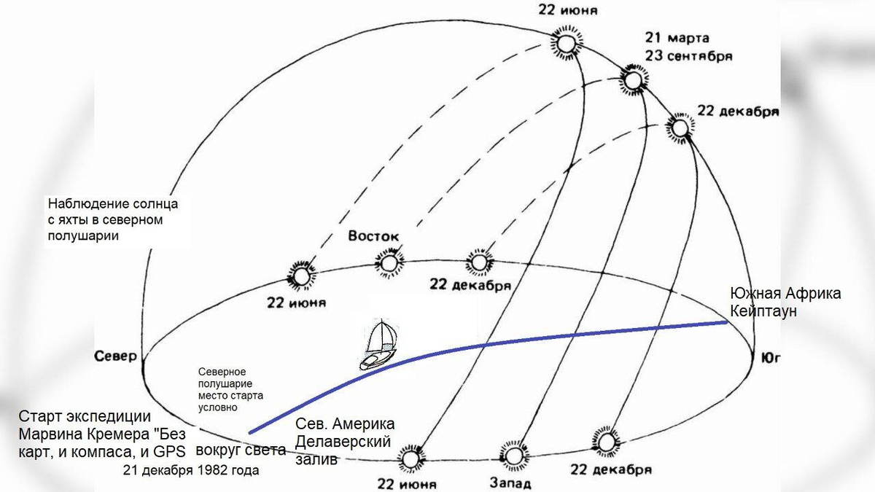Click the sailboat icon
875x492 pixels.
point(378,345)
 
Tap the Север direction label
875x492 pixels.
point(115,356)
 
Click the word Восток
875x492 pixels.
point(373,236)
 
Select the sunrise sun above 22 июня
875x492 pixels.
point(300,275)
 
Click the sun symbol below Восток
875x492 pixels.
point(388,262)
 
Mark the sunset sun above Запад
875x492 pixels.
point(513,456)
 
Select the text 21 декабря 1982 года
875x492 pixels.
point(192,470)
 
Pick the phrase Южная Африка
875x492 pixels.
point(785,294)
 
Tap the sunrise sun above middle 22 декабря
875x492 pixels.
point(479,262)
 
